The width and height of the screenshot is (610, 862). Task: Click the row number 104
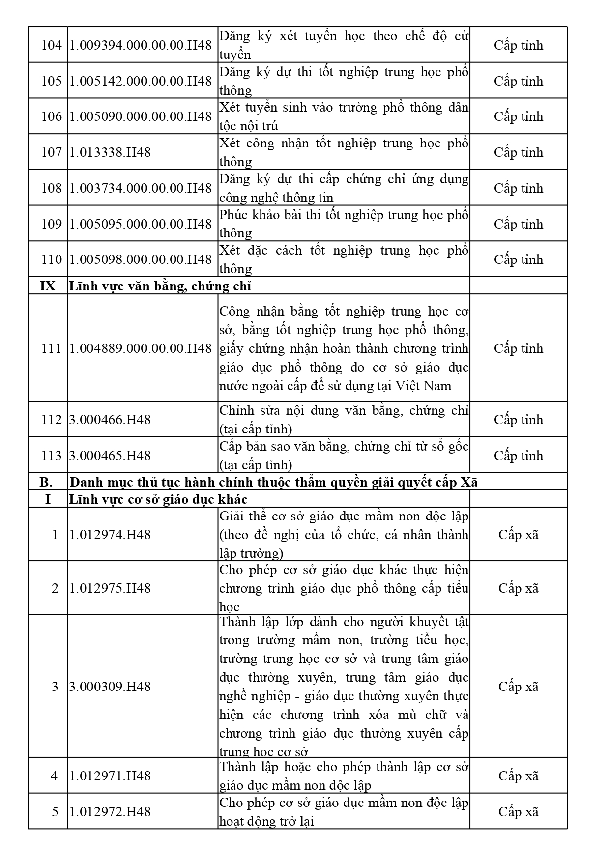(51, 45)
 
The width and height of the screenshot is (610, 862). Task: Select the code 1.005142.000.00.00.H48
(141, 81)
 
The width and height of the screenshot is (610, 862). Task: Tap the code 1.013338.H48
(110, 152)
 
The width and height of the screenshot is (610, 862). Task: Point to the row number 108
(51, 188)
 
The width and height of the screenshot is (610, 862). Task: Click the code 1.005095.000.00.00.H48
(141, 224)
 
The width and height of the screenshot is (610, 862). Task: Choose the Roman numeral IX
(48, 286)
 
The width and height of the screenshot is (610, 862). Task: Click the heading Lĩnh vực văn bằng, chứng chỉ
(160, 286)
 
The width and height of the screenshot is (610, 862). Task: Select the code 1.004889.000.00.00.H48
(141, 348)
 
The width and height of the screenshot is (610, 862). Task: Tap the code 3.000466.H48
(110, 420)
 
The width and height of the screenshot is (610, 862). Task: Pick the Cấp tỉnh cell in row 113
(519, 456)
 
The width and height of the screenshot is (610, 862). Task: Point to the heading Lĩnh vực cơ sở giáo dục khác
(158, 499)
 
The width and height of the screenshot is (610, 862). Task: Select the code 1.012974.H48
(110, 535)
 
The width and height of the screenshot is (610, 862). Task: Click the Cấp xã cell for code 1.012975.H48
(519, 588)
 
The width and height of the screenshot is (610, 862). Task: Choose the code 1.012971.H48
(110, 776)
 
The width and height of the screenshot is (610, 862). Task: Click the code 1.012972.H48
(110, 812)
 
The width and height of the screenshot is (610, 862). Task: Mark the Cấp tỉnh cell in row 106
(519, 116)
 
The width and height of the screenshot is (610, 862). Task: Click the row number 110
(51, 259)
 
